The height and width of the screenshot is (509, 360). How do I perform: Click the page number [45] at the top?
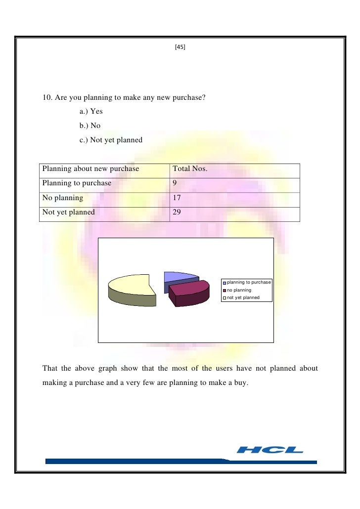click(x=180, y=48)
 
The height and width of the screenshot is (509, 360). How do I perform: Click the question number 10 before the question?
click(x=46, y=98)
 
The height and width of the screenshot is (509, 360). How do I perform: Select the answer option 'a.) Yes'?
click(x=91, y=112)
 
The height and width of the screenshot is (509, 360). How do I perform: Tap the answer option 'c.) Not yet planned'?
click(x=111, y=140)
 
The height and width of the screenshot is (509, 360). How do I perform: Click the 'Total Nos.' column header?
click(x=190, y=170)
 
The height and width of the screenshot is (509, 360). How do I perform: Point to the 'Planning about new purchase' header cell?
click(x=91, y=170)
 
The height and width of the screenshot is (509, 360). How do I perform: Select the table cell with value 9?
click(x=175, y=184)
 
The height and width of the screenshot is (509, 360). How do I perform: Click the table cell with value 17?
click(x=177, y=199)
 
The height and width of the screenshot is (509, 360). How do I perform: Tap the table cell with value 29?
click(x=177, y=213)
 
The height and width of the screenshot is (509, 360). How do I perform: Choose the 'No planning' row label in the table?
click(x=63, y=199)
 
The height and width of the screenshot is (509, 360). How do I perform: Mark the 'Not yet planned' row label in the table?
click(x=68, y=213)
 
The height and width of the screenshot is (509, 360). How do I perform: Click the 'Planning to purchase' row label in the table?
click(x=77, y=184)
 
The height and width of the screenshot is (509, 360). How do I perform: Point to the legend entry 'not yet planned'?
click(x=243, y=298)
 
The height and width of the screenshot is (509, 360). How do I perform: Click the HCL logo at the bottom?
click(x=270, y=450)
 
